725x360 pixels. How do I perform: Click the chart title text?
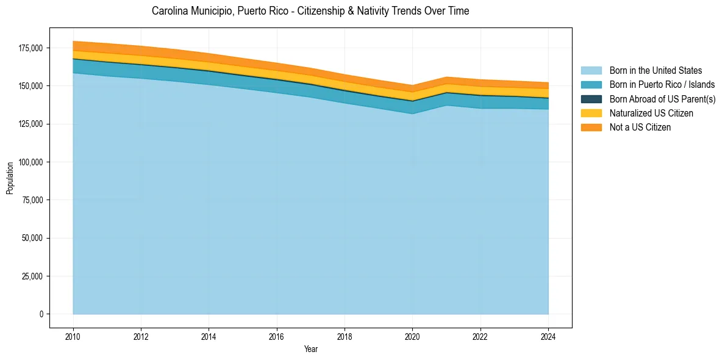pos(310,11)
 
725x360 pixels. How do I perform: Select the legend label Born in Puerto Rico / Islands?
pos(662,85)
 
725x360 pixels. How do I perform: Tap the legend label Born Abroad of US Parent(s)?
pos(662,99)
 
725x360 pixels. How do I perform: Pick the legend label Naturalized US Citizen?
pos(651,113)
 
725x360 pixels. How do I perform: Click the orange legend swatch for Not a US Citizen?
pos(591,127)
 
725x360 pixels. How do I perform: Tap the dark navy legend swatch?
pos(591,99)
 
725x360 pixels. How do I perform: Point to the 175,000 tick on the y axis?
pos(31,48)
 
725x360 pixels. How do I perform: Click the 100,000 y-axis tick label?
pos(31,162)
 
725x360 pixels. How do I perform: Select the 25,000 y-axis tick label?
pos(33,276)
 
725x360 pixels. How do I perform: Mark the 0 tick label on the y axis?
pos(41,314)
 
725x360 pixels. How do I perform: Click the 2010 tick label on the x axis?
pos(73,335)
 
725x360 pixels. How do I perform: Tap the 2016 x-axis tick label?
pos(277,335)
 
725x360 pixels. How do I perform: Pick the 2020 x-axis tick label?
pos(413,335)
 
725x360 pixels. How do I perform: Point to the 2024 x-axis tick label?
pos(548,335)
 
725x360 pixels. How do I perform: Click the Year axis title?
pos(310,349)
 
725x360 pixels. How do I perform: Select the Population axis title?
pos(10,178)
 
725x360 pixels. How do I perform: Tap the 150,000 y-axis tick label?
pos(31,86)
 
